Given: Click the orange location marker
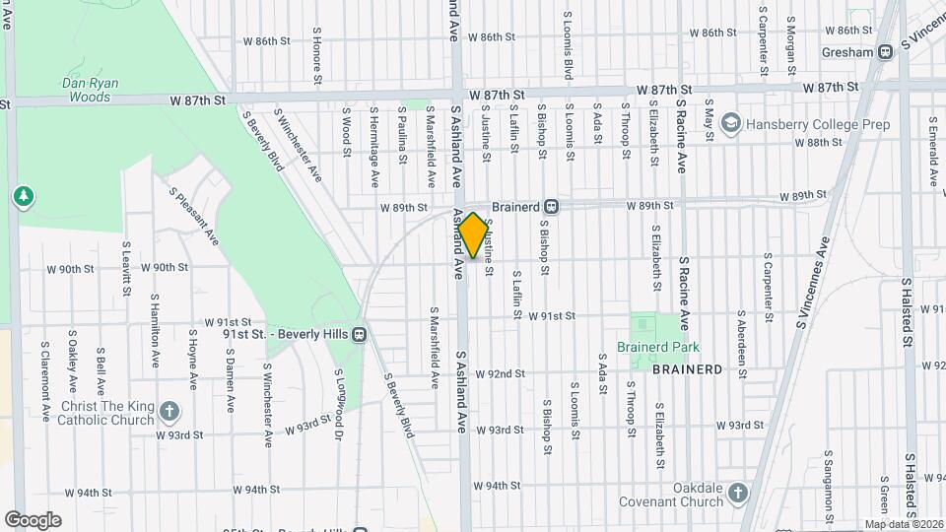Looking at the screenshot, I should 473,236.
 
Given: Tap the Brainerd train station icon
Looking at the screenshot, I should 552,207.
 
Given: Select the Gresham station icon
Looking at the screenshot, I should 886,52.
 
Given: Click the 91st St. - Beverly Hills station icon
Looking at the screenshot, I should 359,334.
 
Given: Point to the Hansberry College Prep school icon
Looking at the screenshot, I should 731,123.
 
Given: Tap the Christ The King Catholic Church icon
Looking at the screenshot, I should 169,411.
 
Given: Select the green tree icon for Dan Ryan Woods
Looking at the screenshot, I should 23,197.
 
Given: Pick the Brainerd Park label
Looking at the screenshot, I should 657,347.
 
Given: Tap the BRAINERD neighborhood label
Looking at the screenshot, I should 688,369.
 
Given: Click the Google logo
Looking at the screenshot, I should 33,519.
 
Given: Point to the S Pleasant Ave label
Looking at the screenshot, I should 193,217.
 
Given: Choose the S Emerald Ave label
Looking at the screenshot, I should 932,149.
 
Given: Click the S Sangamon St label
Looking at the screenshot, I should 828,483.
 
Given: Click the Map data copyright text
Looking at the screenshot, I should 904,524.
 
